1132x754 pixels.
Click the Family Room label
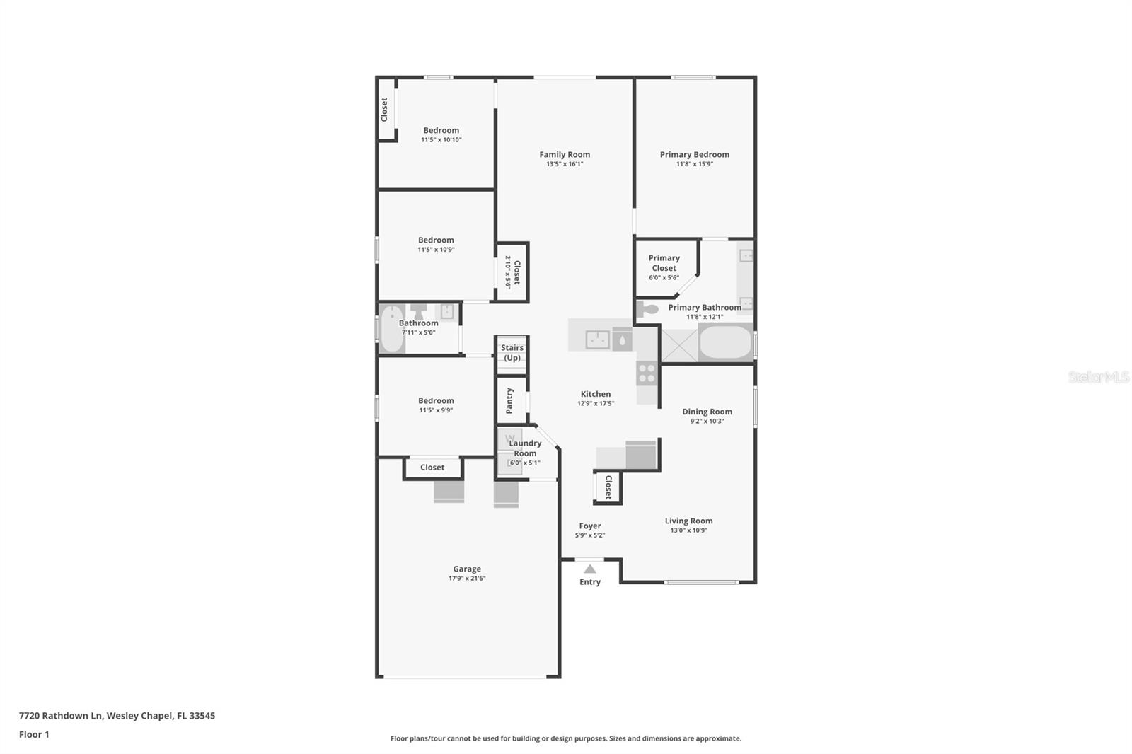point(564,154)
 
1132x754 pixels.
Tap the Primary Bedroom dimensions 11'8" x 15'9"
point(694,164)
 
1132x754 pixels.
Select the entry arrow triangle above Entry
point(589,569)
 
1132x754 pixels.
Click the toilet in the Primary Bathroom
point(647,308)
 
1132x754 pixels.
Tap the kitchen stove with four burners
point(647,373)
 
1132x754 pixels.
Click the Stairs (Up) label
point(512,352)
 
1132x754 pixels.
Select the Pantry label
point(509,400)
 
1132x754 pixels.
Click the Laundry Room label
point(525,448)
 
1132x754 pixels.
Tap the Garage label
point(467,569)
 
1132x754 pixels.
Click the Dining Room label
point(707,412)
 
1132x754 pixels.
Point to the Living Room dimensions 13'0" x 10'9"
point(688,530)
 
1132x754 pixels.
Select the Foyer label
point(589,526)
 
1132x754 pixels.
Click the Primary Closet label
point(664,263)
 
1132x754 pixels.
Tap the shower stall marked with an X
point(679,344)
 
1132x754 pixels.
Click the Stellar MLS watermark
point(1098,377)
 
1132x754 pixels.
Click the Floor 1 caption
point(34,734)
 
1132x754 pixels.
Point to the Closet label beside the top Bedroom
point(384,110)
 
